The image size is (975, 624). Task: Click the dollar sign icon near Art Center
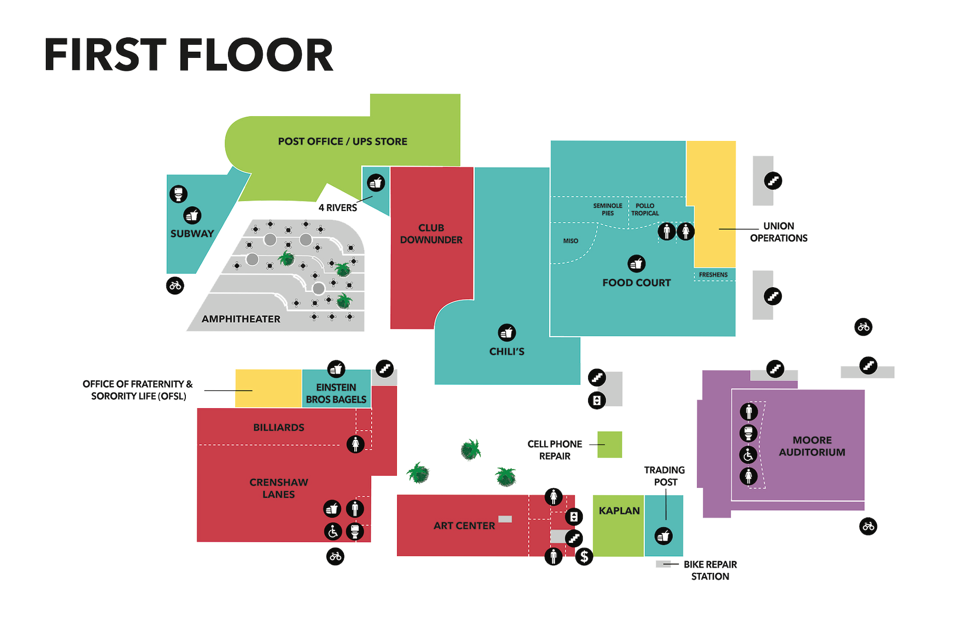(x=584, y=556)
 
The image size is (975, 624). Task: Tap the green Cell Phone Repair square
(x=610, y=445)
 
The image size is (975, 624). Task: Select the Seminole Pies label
(x=608, y=209)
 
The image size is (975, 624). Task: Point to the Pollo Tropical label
(x=645, y=209)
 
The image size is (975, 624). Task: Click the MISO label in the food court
(x=571, y=241)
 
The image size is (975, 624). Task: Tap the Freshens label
(x=713, y=275)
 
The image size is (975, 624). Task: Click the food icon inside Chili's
(x=507, y=333)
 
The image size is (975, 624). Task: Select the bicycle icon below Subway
(x=175, y=286)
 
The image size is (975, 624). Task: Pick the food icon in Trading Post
(x=664, y=536)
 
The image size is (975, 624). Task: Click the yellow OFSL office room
(x=268, y=388)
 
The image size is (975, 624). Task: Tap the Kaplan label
(x=619, y=511)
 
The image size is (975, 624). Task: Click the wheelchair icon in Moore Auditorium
(x=749, y=455)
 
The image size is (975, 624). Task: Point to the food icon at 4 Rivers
(x=376, y=183)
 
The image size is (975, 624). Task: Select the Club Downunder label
(x=431, y=234)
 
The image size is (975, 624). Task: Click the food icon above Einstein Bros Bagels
(x=336, y=369)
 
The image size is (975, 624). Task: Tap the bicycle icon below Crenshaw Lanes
(x=335, y=556)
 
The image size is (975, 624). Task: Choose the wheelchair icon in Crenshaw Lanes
(x=333, y=531)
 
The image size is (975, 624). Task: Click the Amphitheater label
(x=241, y=319)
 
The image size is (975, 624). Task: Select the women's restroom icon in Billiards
(x=356, y=444)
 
